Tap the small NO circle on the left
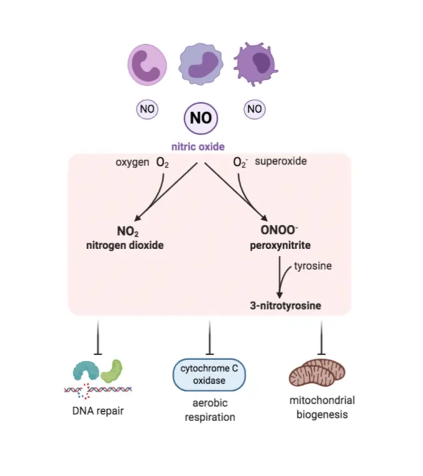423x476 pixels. coord(147,110)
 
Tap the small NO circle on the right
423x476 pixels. coord(254,109)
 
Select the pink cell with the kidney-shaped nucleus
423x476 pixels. coord(147,65)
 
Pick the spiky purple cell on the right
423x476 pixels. coord(255,66)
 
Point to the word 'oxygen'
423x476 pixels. coord(132,162)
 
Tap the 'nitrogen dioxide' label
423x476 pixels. coord(124,245)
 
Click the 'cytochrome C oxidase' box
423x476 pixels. coord(209,374)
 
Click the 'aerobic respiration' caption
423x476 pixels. coord(210,411)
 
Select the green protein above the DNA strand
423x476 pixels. coord(113,371)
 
